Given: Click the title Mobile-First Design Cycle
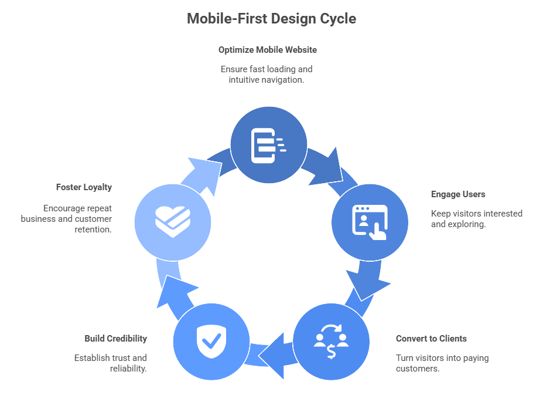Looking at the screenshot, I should tap(271, 19).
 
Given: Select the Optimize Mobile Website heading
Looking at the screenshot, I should tap(267, 50).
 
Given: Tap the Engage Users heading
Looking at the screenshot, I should tap(458, 194).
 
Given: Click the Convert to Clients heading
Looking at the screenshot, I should tap(431, 339).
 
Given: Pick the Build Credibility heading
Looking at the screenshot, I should tap(115, 339).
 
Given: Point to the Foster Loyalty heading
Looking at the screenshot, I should tap(84, 187).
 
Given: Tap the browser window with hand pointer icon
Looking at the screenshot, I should tap(370, 222).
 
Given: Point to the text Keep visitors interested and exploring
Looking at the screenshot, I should tap(476, 219).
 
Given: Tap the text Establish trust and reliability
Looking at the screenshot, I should tap(111, 363).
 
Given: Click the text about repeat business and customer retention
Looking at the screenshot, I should tap(67, 219).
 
